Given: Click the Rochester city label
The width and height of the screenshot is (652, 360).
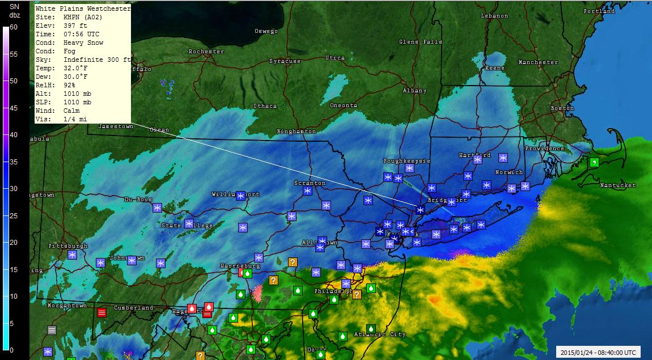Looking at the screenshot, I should [x=206, y=52].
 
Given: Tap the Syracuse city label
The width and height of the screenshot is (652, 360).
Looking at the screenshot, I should [x=285, y=61].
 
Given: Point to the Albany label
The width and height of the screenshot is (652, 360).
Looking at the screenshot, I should [x=414, y=91].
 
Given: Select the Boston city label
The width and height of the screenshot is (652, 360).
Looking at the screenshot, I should [x=562, y=108].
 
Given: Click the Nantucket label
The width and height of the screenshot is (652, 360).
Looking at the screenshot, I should [x=617, y=185].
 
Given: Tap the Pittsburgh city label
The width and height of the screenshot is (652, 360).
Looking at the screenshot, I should [x=68, y=246].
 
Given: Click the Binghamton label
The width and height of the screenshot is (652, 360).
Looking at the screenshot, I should [x=297, y=132].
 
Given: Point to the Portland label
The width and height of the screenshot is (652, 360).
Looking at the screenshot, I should [x=599, y=11].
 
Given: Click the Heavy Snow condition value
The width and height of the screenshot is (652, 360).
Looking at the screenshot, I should [x=83, y=43].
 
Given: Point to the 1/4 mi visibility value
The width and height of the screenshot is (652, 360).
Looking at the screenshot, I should [x=75, y=119].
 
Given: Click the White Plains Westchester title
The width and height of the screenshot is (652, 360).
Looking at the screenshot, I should [x=83, y=9].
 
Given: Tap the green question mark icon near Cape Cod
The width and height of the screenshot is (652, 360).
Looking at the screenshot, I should [x=594, y=162].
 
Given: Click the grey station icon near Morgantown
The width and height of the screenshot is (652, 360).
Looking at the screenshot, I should [x=52, y=329].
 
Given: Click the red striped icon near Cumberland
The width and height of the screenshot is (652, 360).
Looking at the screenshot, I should [x=102, y=312].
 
